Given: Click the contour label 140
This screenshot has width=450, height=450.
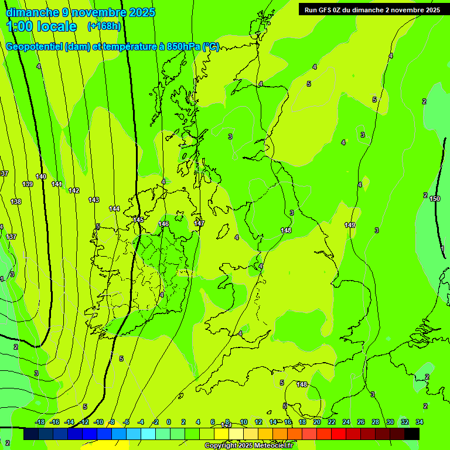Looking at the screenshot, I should (x=41, y=176).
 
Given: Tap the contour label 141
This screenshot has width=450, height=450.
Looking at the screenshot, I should (x=57, y=184).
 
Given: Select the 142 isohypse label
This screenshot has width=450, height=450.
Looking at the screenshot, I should (x=74, y=190).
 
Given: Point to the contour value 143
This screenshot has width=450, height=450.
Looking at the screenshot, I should (x=94, y=200).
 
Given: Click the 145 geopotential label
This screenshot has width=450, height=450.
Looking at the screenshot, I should (x=138, y=220).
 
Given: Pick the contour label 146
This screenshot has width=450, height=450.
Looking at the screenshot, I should (x=163, y=224).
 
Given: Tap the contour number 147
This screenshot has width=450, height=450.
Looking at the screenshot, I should (x=199, y=223).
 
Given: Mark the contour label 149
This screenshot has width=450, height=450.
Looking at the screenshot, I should (x=350, y=225).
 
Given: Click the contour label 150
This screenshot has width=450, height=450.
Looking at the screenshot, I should (x=435, y=199).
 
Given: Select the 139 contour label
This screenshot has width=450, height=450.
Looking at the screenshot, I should (x=28, y=184).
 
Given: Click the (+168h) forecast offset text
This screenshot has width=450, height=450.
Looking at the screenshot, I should (x=104, y=26).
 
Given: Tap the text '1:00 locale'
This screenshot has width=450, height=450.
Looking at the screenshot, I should (x=41, y=26).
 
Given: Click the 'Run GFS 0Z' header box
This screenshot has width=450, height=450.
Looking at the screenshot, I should (x=372, y=9).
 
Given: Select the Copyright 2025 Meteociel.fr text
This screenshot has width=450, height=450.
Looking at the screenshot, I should (x=248, y=446).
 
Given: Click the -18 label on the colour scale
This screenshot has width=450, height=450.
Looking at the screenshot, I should (x=40, y=422).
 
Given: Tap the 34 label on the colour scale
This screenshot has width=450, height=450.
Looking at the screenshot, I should (x=420, y=422).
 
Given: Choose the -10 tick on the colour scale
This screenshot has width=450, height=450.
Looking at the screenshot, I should (x=98, y=422).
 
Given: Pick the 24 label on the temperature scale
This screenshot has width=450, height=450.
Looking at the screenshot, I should (x=346, y=422).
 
